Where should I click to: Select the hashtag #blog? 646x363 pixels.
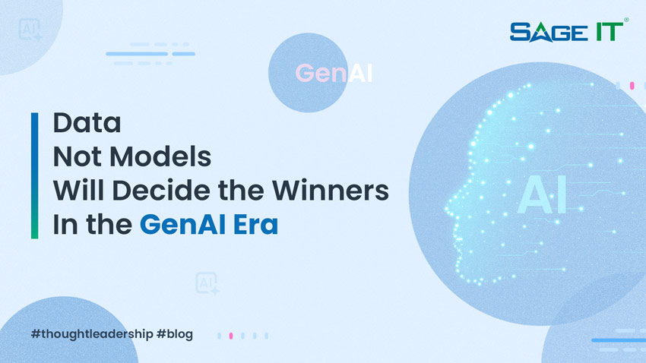[x=175, y=334]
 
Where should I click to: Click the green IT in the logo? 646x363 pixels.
[x=606, y=32]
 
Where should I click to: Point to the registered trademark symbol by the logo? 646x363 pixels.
[x=625, y=20]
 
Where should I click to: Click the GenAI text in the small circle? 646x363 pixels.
[x=334, y=74]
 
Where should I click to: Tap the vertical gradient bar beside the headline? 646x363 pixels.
[x=34, y=175]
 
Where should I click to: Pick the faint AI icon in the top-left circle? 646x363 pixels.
[x=30, y=30]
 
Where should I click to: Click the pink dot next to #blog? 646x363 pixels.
[x=231, y=335]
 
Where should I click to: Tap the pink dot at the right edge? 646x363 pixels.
[x=632, y=86]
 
